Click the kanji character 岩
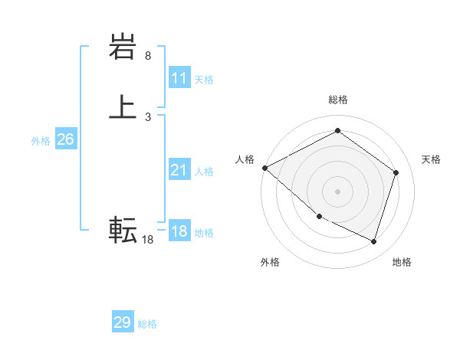pyautogui.click(x=123, y=49)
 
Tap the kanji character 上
pyautogui.click(x=123, y=107)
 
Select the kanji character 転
pyautogui.click(x=123, y=229)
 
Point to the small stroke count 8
pyautogui.click(x=148, y=57)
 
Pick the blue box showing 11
pyautogui.click(x=179, y=78)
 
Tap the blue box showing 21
pyautogui.click(x=179, y=170)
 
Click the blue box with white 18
pyautogui.click(x=179, y=231)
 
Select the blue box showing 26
pyautogui.click(x=66, y=139)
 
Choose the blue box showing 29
pyautogui.click(x=123, y=322)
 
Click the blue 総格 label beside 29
pyautogui.click(x=147, y=324)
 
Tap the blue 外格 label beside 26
pyautogui.click(x=41, y=141)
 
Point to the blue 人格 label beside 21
pyautogui.click(x=205, y=172)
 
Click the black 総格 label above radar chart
pyautogui.click(x=337, y=100)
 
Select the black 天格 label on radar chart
pyautogui.click(x=432, y=159)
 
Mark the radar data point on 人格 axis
pyautogui.click(x=264, y=168)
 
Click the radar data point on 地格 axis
pyautogui.click(x=373, y=242)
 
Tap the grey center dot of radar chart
pyautogui.click(x=337, y=191)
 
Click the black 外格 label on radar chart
pyautogui.click(x=270, y=262)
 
